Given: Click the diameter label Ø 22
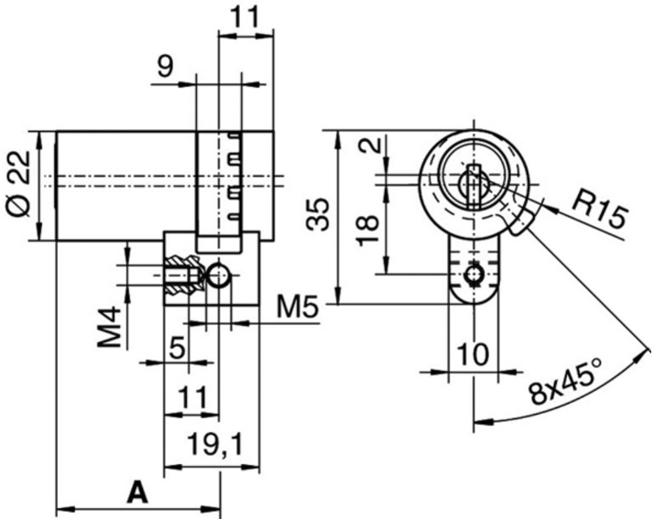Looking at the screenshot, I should [x=20, y=187].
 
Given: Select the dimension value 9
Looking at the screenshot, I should [x=166, y=67].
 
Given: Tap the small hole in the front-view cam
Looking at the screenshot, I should [x=473, y=276].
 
